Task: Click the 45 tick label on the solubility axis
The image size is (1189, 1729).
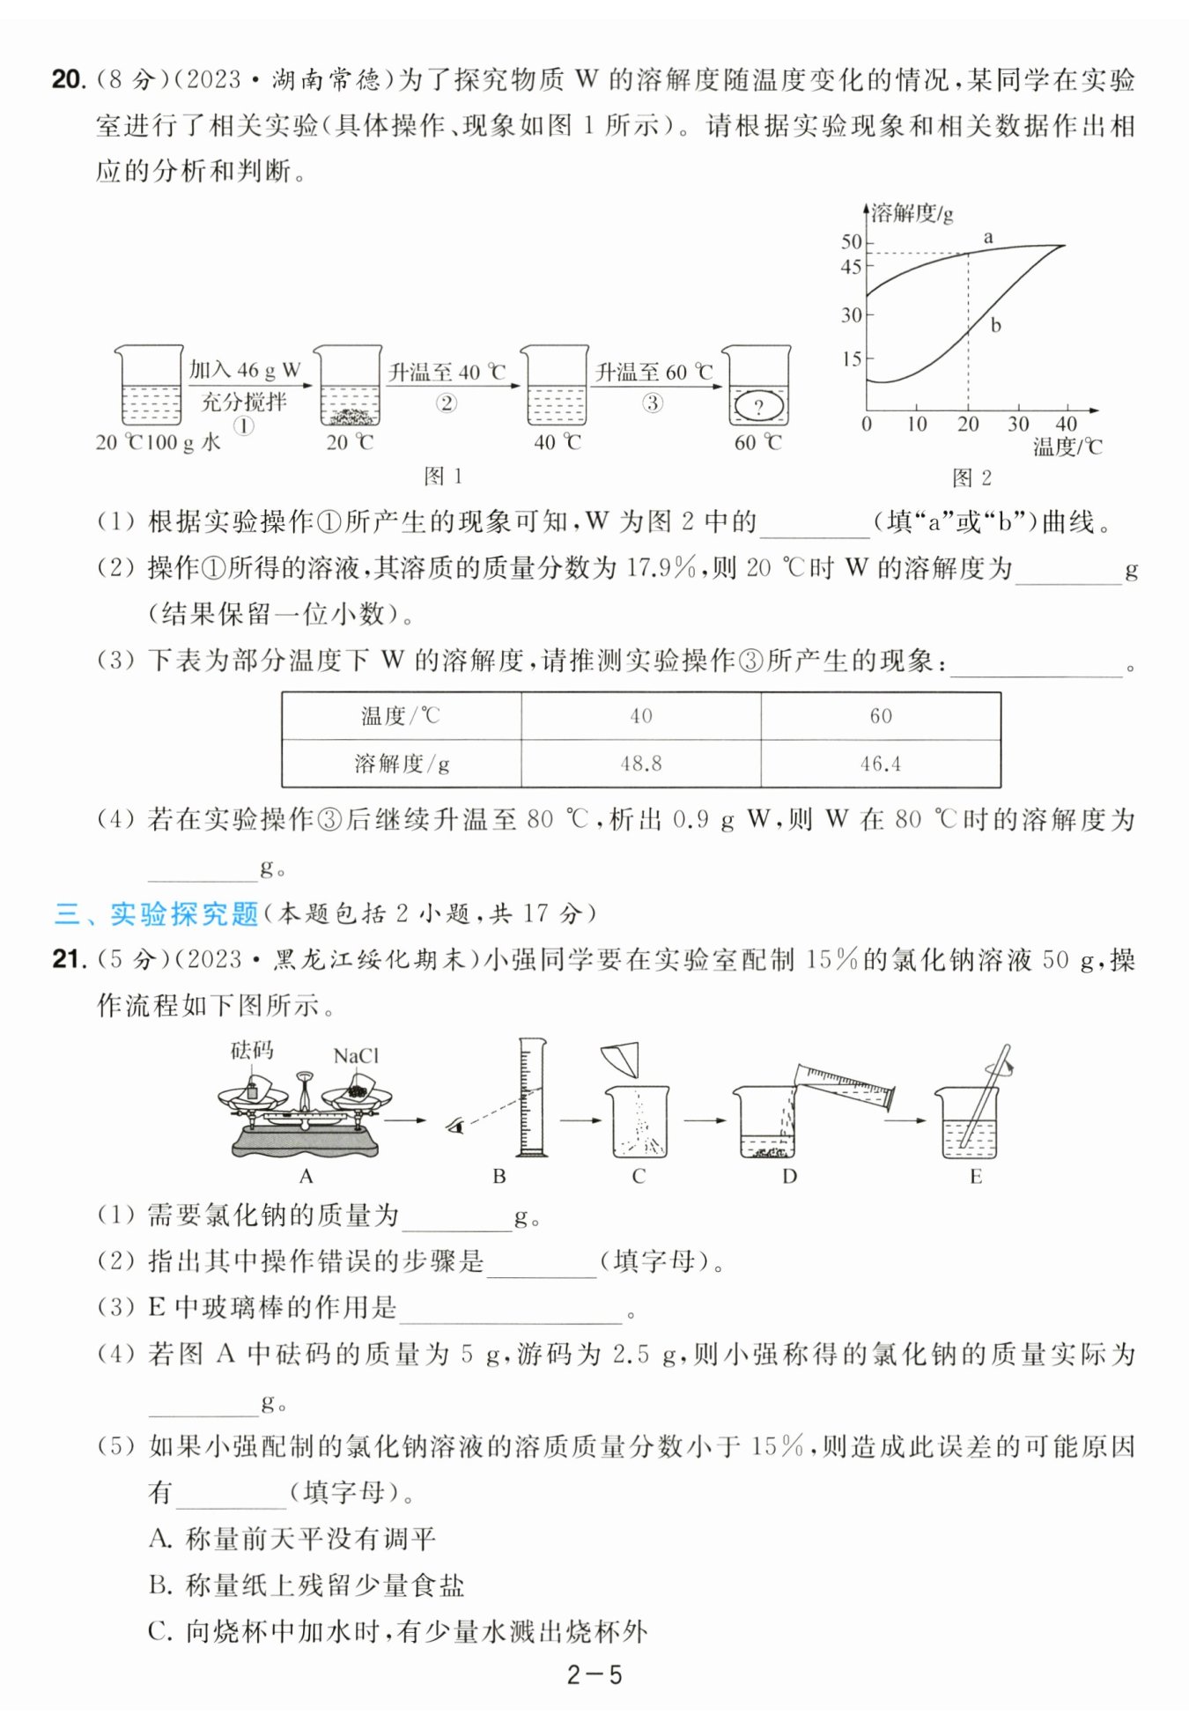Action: click(851, 266)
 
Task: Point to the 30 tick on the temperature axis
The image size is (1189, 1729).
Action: click(1018, 424)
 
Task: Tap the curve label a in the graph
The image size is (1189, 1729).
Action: click(988, 237)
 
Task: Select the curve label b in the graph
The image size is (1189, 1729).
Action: click(995, 325)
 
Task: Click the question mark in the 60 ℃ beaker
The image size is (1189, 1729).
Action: click(758, 407)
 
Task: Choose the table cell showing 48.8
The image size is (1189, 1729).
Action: click(641, 764)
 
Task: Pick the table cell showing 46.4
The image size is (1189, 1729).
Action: click(881, 764)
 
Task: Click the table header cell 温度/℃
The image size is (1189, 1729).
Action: click(401, 715)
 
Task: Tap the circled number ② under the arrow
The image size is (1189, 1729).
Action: click(447, 403)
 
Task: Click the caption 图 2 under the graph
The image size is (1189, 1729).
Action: click(971, 477)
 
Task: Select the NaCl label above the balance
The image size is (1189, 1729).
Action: click(356, 1055)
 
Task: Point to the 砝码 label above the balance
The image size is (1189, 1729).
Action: click(252, 1050)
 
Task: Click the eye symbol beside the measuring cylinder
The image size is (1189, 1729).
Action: click(454, 1125)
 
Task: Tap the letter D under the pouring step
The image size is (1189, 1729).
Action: click(789, 1176)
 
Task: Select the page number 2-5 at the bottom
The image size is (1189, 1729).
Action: click(594, 1674)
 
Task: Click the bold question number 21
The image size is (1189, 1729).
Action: click(68, 958)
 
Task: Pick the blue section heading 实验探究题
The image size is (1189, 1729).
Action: click(184, 913)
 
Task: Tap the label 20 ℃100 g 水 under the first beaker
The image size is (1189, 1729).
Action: click(159, 442)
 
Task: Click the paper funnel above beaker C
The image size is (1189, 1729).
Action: click(622, 1059)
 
